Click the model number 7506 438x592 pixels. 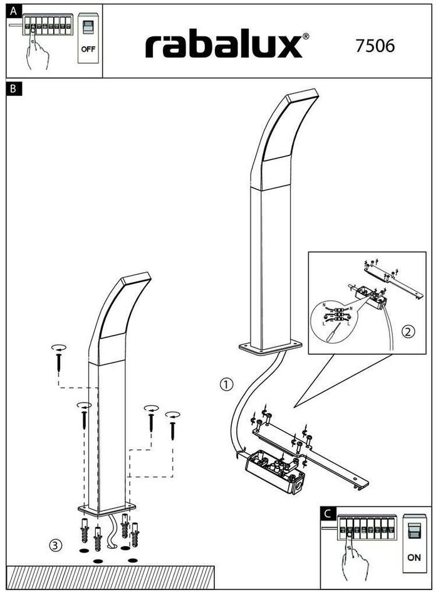pyautogui.click(x=375, y=46)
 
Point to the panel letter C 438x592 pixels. pyautogui.click(x=327, y=513)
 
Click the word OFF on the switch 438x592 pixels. pyautogui.click(x=88, y=50)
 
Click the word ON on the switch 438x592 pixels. pyautogui.click(x=414, y=557)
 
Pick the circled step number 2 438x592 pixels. pyautogui.click(x=408, y=332)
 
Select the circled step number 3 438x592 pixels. pyautogui.click(x=56, y=546)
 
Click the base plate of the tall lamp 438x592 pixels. pyautogui.click(x=270, y=346)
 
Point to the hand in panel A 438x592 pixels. pyautogui.click(x=38, y=53)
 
